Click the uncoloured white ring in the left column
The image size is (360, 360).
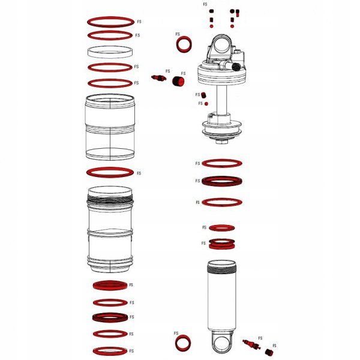coord(110,51)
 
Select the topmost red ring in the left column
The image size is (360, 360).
coord(110,22)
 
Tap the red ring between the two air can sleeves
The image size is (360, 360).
coord(110,172)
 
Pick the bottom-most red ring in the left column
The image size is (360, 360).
coord(110,350)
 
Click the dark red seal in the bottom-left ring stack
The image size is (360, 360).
coord(110,317)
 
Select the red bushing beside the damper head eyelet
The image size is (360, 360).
coord(184,43)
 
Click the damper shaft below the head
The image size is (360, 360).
coord(220,102)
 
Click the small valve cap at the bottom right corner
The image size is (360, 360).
coord(268,353)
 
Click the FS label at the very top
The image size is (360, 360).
coord(205,4)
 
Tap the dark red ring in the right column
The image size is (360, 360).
coord(221,181)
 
